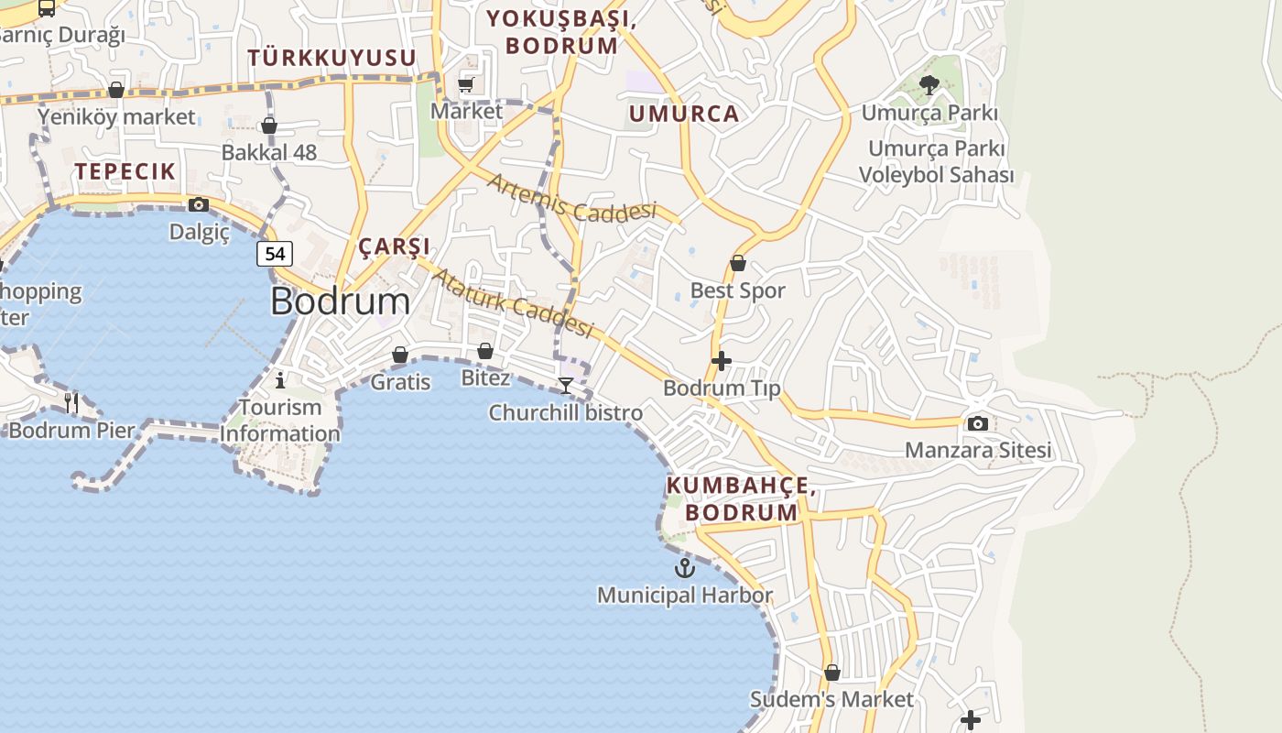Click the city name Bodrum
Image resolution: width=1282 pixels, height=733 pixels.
click(340, 301)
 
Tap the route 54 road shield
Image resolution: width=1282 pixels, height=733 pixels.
click(275, 254)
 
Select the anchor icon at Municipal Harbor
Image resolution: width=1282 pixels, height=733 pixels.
click(685, 569)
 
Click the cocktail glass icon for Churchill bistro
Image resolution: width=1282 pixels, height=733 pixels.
click(566, 386)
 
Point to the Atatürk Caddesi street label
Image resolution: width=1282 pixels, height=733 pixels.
click(513, 302)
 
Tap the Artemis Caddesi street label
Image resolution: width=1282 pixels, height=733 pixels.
click(571, 198)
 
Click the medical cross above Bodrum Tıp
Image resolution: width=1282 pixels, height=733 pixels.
click(722, 361)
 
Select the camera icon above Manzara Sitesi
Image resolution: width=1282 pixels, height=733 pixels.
click(978, 423)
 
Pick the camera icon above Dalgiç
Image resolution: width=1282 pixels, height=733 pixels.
click(199, 205)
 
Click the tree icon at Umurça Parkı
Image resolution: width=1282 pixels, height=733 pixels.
click(929, 86)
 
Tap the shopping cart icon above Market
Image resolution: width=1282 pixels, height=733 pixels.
click(466, 85)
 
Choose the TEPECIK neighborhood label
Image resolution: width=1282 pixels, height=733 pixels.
click(125, 170)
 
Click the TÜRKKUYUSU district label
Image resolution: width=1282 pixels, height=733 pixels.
click(331, 58)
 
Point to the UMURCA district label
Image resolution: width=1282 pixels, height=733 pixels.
click(683, 114)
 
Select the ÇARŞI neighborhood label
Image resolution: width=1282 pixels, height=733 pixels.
click(394, 246)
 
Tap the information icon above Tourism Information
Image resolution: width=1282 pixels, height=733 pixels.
click(280, 380)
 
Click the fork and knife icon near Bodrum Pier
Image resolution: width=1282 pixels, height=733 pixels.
click(71, 402)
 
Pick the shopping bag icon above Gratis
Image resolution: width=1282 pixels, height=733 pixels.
click(400, 355)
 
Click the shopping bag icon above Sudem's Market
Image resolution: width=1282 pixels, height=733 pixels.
click(831, 673)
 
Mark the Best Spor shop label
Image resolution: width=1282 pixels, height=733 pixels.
click(737, 290)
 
